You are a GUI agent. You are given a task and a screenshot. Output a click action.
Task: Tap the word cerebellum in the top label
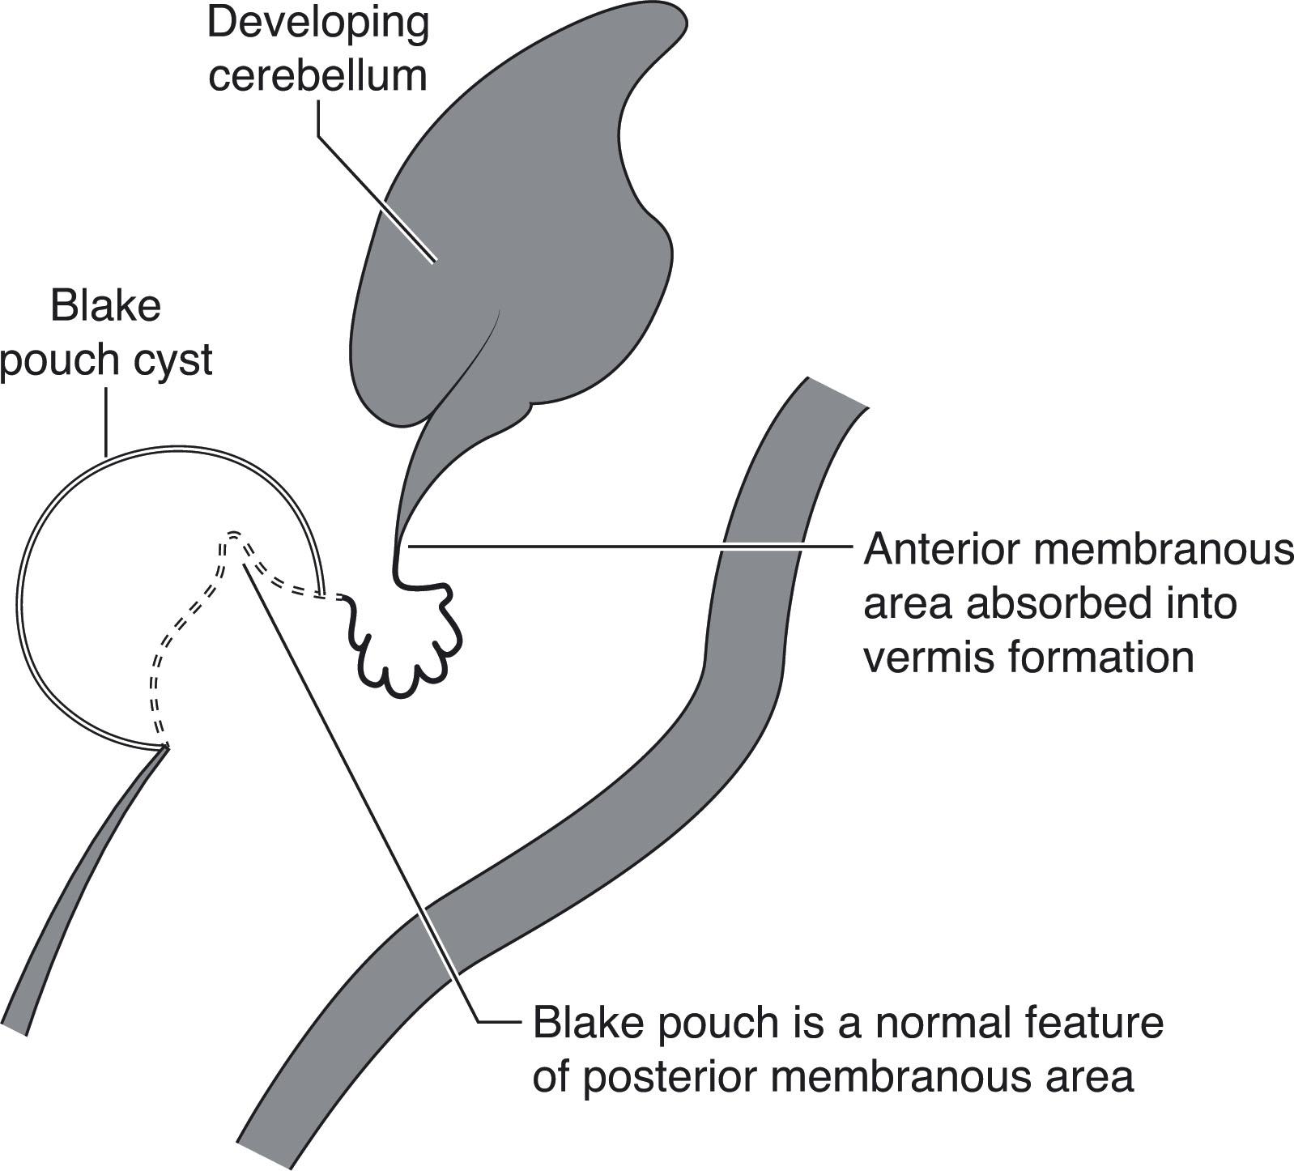317,75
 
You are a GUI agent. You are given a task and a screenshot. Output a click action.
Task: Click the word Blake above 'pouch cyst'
105,307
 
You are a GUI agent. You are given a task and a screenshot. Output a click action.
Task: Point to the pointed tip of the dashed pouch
234,534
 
